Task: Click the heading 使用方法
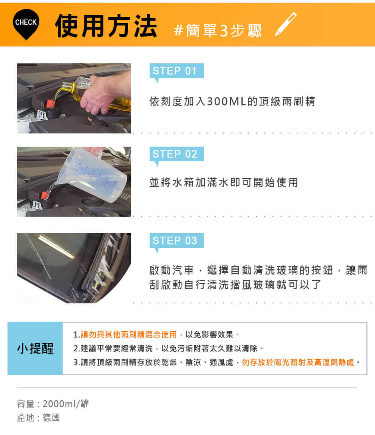(x=106, y=26)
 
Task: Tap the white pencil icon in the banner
(x=285, y=24)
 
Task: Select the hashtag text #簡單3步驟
(x=218, y=30)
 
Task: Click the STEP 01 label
(x=177, y=71)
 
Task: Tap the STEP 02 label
(x=177, y=154)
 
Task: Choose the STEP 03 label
(x=177, y=240)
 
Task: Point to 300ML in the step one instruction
(x=226, y=102)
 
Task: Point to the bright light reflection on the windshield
(x=56, y=247)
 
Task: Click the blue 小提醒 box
(x=35, y=348)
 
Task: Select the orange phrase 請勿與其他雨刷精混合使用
(x=129, y=334)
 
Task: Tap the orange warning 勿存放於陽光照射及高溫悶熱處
(x=298, y=362)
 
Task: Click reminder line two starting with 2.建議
(x=168, y=348)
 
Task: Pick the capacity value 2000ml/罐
(x=66, y=403)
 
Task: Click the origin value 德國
(x=51, y=417)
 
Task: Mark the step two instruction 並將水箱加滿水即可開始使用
(x=223, y=183)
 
